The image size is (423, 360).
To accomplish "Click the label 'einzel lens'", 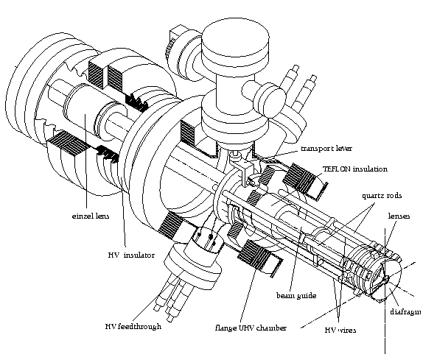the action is point(91,216).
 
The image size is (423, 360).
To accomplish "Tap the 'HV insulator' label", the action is point(131,255).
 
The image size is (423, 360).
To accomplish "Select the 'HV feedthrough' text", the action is point(133,326).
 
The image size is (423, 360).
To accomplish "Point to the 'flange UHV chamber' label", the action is point(251,328).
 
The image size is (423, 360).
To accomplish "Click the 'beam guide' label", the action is point(296,296).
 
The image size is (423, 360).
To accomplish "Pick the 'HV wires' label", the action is point(340,330).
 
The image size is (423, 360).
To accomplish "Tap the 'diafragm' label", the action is point(406,311).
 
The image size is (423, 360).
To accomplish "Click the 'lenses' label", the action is point(399,216).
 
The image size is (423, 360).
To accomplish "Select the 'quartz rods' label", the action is point(382,196).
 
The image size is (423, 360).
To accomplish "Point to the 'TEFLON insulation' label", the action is point(355,169).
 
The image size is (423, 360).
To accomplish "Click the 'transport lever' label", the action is point(326,149).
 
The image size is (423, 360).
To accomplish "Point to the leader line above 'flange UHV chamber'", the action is point(248,294).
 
